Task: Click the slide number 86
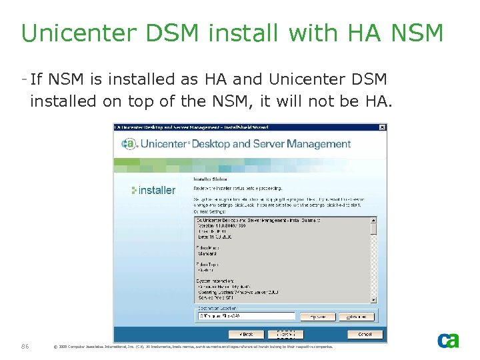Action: (x=25, y=346)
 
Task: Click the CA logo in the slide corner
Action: (x=448, y=341)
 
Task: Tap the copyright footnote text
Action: (x=193, y=347)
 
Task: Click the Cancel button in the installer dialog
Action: (x=365, y=334)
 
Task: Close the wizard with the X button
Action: (x=382, y=127)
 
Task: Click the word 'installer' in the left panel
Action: (x=154, y=190)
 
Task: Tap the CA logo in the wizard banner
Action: (x=129, y=143)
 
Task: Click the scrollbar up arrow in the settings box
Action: (x=373, y=219)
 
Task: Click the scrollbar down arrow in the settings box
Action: (x=373, y=299)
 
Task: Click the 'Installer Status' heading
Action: (x=210, y=179)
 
